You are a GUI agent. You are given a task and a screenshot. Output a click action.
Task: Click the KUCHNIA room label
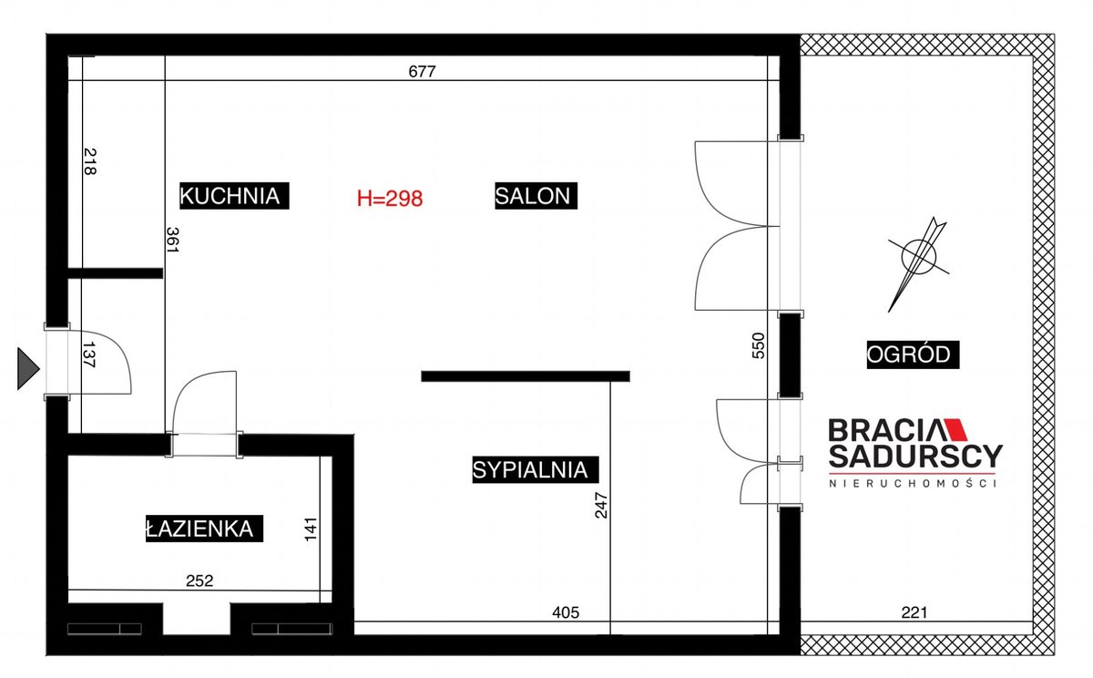234,196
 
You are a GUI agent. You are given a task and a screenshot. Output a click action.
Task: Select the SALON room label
536,196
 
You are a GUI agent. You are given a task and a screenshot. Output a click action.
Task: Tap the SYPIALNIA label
536,469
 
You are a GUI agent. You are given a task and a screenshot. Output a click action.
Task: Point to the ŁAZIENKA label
204,529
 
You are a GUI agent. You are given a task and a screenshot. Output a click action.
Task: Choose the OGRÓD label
913,354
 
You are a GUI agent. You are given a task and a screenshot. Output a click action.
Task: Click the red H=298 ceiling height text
390,198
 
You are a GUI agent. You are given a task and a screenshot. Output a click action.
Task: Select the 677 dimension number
422,72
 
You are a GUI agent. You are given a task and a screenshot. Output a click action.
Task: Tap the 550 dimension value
758,345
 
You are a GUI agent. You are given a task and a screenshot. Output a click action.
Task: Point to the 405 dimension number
566,612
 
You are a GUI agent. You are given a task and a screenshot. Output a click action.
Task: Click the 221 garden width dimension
914,612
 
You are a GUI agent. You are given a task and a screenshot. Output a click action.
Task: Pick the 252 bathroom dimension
199,580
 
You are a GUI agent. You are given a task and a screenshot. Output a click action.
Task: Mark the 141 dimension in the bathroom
311,529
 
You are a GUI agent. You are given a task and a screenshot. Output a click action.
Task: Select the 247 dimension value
601,505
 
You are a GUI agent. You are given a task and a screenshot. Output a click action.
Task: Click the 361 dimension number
173,240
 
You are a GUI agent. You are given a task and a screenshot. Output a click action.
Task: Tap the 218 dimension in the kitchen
90,161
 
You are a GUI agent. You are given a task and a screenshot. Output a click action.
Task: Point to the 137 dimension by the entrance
89,354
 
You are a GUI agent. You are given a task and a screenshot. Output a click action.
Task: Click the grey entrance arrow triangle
28,368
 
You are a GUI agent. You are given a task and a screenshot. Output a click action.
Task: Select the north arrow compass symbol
918,263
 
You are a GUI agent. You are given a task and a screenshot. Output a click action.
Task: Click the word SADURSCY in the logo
915,456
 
